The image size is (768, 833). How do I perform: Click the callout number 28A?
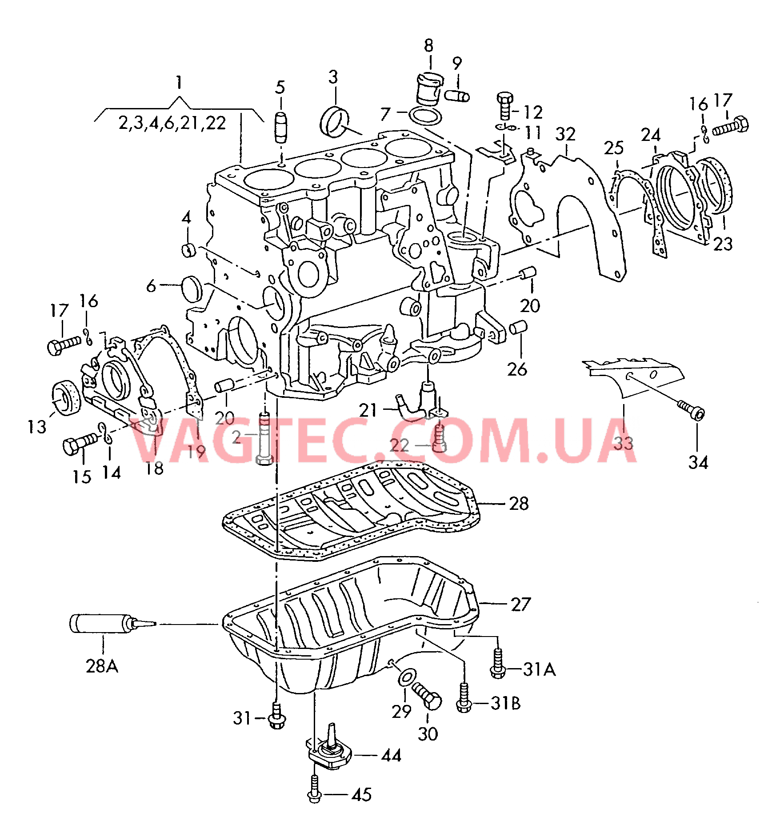click(102, 666)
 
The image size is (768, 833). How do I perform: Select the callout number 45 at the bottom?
click(361, 795)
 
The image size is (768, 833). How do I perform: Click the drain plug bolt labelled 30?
click(427, 696)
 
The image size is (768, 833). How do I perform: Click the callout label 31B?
click(506, 703)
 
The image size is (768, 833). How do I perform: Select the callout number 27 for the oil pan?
click(521, 604)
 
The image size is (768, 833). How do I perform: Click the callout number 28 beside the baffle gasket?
click(519, 504)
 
